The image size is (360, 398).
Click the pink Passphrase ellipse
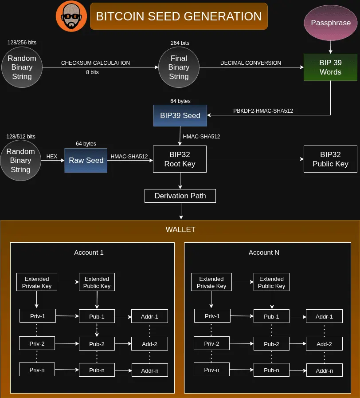point(331,23)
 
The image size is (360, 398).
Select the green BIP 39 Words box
point(330,67)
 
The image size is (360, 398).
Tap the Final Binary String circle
point(179,67)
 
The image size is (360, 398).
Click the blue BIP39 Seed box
point(180,115)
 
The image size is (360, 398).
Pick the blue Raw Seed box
point(86,160)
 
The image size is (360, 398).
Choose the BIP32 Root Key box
point(180,159)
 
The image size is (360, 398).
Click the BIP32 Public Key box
point(330,159)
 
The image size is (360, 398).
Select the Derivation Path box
point(180,196)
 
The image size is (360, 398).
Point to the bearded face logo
point(71,16)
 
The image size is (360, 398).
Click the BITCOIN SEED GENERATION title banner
point(179,16)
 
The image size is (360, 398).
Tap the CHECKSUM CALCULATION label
point(95,63)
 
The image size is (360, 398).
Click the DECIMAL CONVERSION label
point(250,63)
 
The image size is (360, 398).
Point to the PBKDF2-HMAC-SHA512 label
point(263,110)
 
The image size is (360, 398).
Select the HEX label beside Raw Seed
point(52,156)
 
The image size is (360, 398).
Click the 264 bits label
point(180,43)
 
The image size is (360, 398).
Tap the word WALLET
point(180,229)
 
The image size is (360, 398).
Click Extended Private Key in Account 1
point(37,282)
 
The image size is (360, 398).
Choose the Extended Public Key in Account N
point(271,282)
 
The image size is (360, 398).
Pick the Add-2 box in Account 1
point(149,344)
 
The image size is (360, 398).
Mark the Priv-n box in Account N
point(212,370)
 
